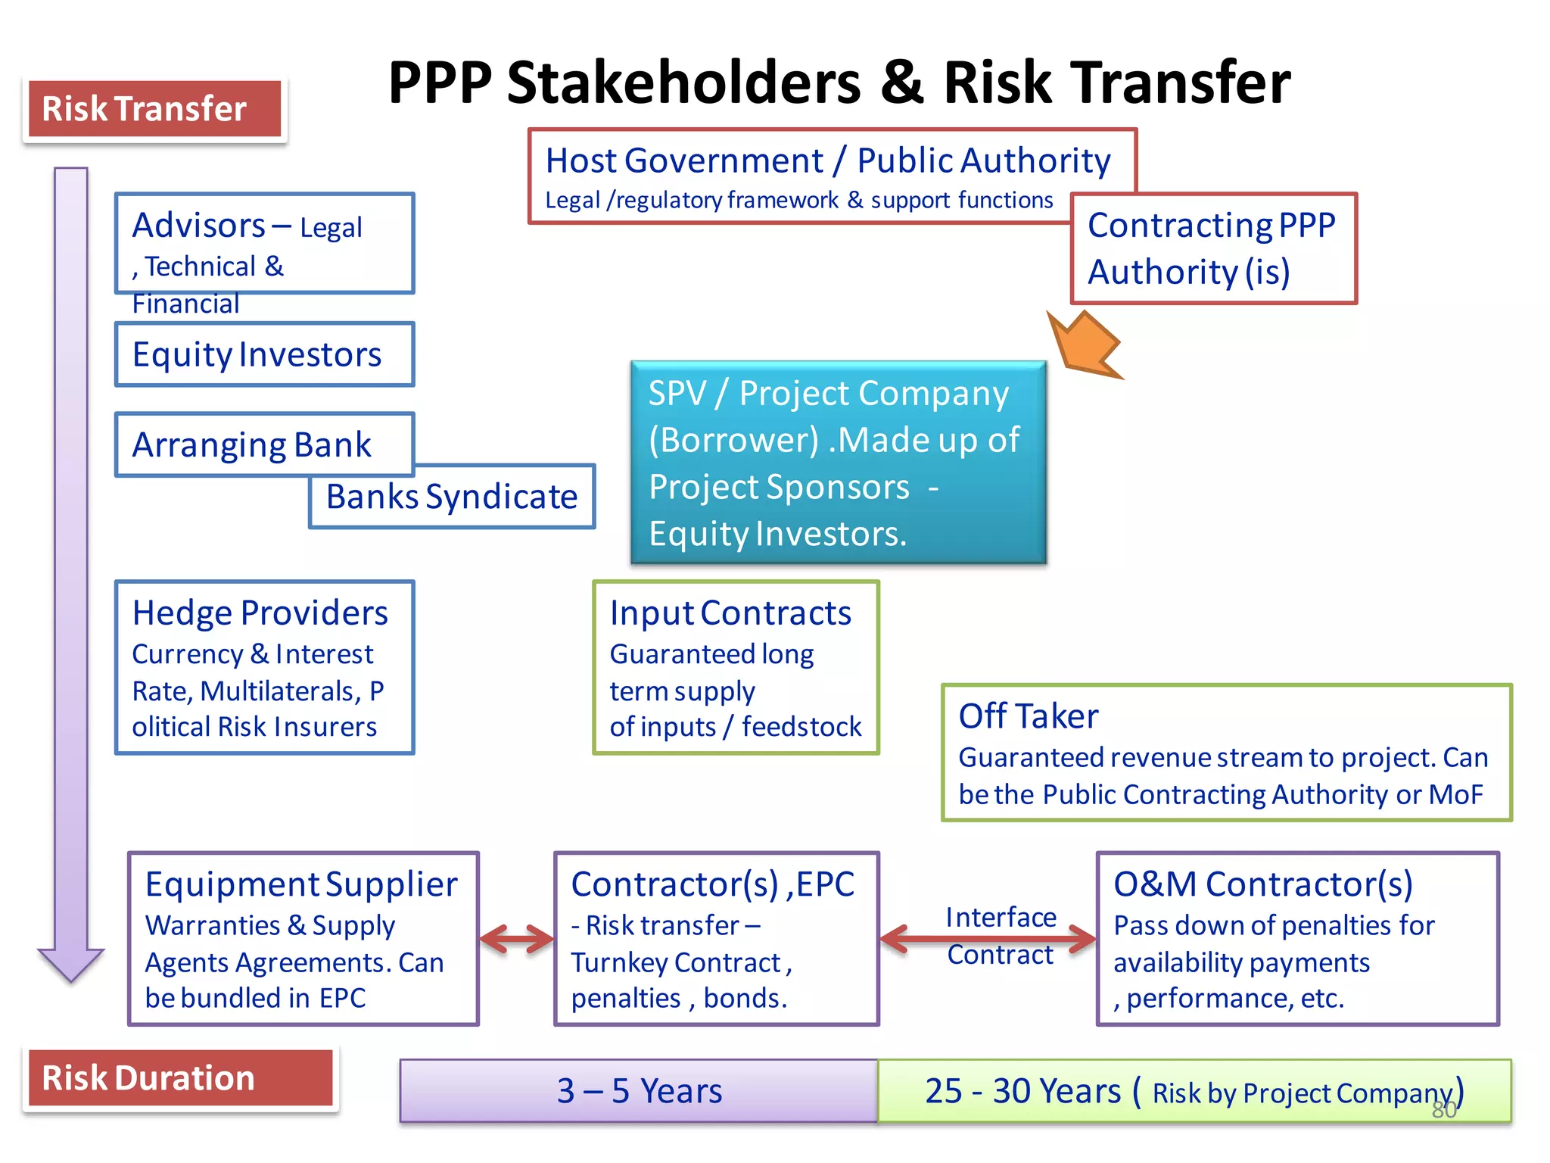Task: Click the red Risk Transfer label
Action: (x=154, y=109)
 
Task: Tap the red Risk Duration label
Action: (x=180, y=1077)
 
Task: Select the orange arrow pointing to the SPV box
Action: (x=1084, y=345)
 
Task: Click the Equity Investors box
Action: (x=264, y=354)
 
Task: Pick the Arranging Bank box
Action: (x=252, y=444)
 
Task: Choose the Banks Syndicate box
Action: (x=452, y=497)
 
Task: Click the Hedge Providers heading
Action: (x=260, y=613)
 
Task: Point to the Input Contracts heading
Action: (x=730, y=613)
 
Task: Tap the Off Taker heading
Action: (x=1028, y=716)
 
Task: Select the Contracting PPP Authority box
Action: (x=1213, y=248)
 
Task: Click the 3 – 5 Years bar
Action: (x=639, y=1090)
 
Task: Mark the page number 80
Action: (x=1443, y=1110)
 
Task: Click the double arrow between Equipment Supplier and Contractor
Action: (x=517, y=939)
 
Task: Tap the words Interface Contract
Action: (x=1000, y=936)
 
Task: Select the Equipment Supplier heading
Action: (x=301, y=884)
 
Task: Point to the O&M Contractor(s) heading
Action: (x=1262, y=884)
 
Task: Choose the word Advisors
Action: (x=198, y=226)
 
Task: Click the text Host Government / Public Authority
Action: (x=827, y=161)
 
